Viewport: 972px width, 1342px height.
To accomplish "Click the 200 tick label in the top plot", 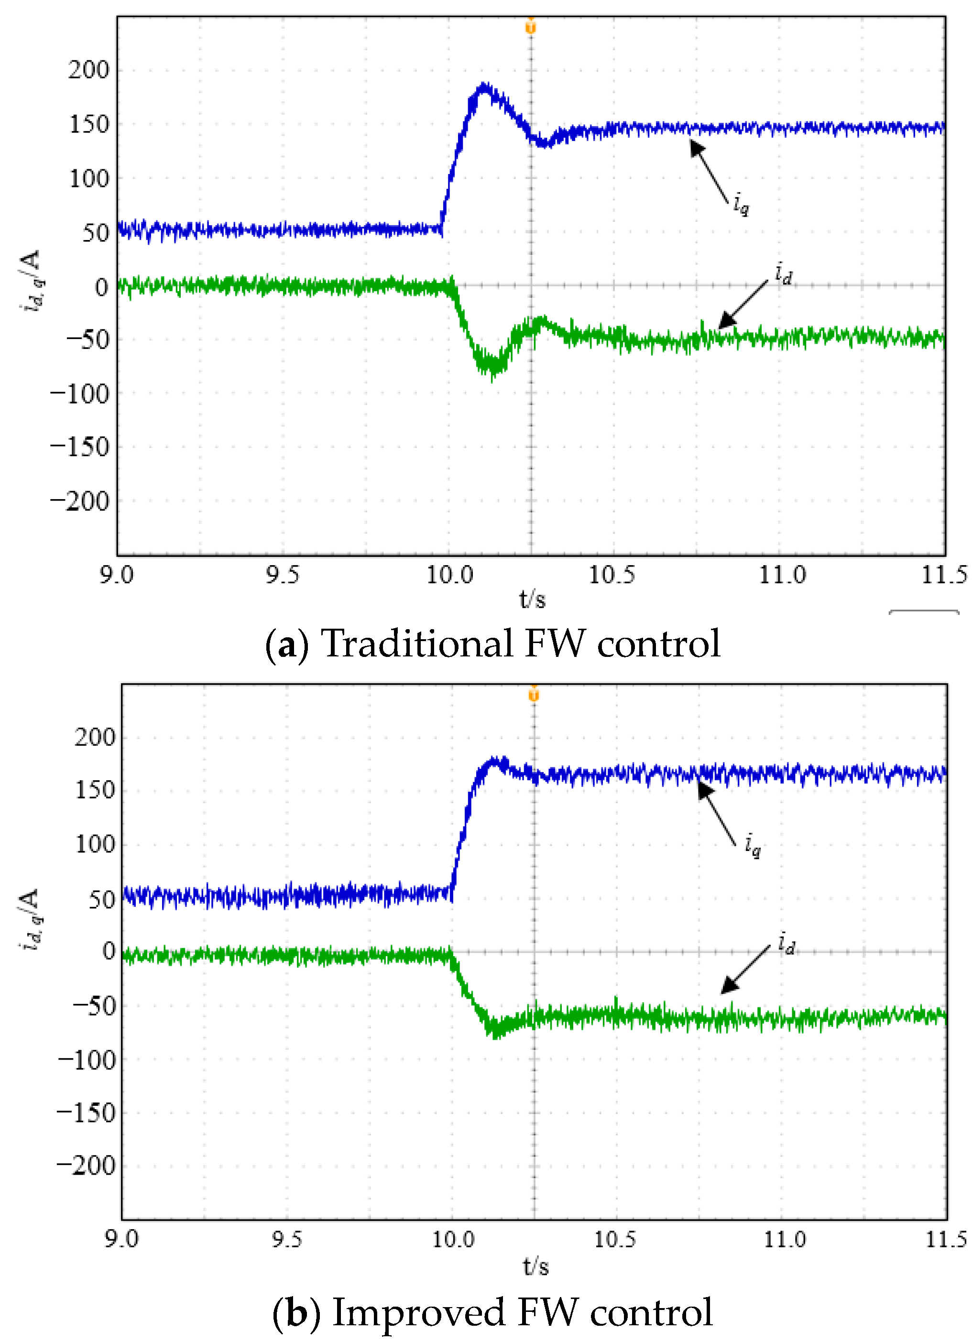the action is coord(89,70).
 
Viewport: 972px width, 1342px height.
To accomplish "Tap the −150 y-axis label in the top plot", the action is coord(80,447).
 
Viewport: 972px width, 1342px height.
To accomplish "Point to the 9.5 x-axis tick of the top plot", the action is coord(282,575).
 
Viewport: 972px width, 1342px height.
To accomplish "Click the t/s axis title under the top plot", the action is coord(532,600).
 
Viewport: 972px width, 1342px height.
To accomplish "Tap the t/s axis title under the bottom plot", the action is coord(535,1267).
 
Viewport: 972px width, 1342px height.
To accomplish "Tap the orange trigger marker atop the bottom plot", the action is coord(534,694).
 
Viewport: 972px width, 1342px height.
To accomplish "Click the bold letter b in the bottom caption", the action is coord(296,1312).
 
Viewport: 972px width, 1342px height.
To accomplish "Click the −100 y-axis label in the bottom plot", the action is coord(87,1059).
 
